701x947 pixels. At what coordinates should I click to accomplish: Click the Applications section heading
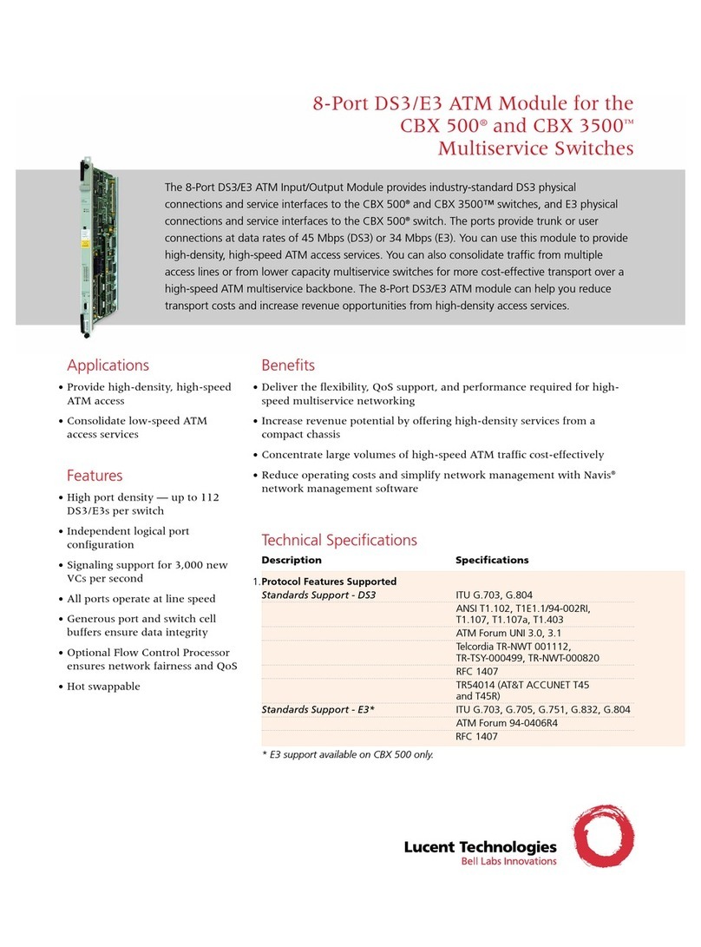pos(108,365)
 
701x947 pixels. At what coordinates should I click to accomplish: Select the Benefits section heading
pos(288,365)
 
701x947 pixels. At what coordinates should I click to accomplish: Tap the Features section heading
pos(95,476)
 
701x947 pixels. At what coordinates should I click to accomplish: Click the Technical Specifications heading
pos(339,540)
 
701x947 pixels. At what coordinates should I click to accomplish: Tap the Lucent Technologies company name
pos(480,847)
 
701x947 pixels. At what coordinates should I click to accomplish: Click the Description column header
pos(292,560)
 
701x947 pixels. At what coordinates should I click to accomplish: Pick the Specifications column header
pos(492,560)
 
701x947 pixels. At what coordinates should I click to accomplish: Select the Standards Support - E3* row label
pos(324,709)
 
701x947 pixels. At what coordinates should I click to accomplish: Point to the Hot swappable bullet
pos(103,687)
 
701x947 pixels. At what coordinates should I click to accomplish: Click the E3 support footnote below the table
pos(347,753)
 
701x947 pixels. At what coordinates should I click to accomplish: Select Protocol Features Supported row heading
pos(329,582)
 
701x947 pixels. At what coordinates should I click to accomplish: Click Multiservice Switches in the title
pos(535,148)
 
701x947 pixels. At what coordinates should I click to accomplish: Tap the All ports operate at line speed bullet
pos(141,599)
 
